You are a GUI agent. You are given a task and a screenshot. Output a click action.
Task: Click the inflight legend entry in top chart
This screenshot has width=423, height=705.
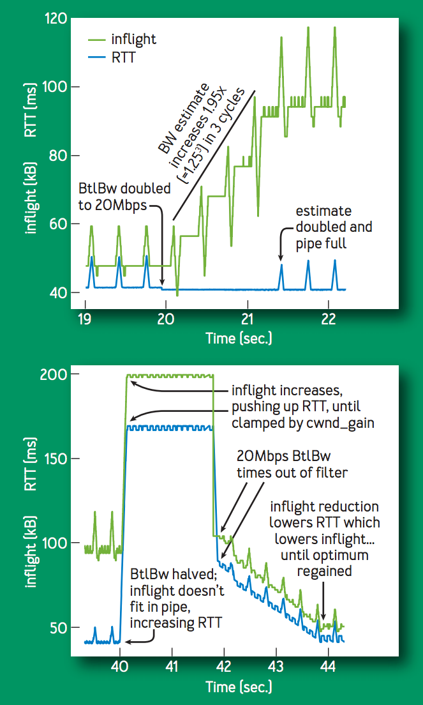click(x=133, y=40)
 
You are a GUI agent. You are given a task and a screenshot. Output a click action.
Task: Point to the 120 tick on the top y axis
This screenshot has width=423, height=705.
click(x=56, y=19)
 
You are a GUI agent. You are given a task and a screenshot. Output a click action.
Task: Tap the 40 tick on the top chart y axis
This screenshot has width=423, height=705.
click(x=59, y=292)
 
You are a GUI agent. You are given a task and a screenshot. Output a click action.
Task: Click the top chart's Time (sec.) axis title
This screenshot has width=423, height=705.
click(x=239, y=338)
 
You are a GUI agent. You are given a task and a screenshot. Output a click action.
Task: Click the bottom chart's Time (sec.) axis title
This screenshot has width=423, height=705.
click(x=239, y=686)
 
